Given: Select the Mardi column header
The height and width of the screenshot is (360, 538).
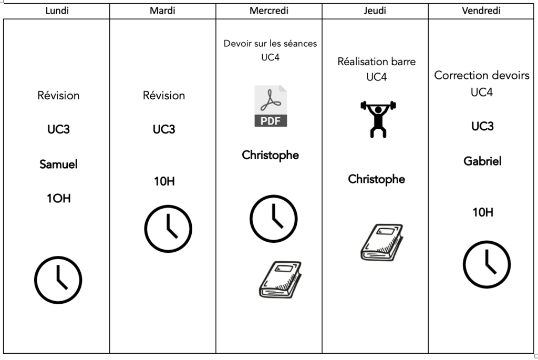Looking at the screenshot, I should coord(163,11).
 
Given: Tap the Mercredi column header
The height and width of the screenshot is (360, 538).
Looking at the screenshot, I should coord(269,11).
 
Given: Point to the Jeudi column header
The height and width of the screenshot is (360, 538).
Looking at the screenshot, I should coord(375,11).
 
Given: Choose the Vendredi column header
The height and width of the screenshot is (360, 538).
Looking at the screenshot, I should coord(481,11).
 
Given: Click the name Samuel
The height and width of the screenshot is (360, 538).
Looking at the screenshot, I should coord(58,164).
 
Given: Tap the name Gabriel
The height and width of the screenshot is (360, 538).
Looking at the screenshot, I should coord(482,161).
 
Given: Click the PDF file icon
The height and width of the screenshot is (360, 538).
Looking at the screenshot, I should coord(271,106).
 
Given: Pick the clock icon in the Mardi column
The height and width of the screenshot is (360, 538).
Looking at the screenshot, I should coord(168,229).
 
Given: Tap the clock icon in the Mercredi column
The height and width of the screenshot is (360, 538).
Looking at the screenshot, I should coord(273,218).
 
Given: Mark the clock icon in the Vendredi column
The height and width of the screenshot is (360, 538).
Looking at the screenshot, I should coord(487,264).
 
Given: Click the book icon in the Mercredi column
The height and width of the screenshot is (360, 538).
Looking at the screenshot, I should coord(280,280).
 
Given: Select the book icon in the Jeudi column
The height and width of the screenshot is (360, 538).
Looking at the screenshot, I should coord(382,242).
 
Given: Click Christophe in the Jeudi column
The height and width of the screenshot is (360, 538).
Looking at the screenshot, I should coord(377,179).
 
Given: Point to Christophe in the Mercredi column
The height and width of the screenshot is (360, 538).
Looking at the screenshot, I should coord(270,155).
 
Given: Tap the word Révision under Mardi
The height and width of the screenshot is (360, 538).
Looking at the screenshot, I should coord(164,96).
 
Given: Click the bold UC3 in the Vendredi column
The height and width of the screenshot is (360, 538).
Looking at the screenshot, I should coord(482,126).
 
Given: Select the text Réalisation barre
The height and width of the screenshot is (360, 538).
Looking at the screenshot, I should coord(377,61).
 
